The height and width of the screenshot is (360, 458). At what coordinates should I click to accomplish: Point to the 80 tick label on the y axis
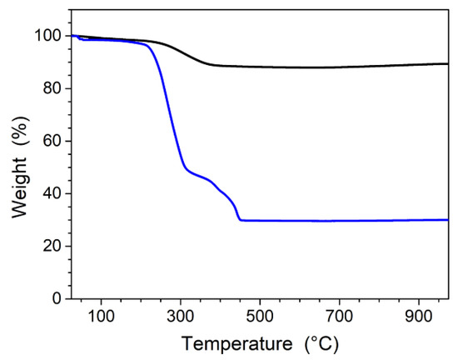[x=52, y=88]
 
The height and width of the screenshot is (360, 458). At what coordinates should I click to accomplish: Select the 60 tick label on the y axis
[x=52, y=141]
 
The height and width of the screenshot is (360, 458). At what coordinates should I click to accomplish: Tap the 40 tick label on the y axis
[x=52, y=193]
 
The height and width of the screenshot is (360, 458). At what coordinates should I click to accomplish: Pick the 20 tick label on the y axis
[x=52, y=246]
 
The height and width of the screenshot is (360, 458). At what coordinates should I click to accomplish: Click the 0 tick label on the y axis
[x=57, y=298]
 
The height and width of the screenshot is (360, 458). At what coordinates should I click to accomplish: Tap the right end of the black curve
[x=448, y=63]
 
